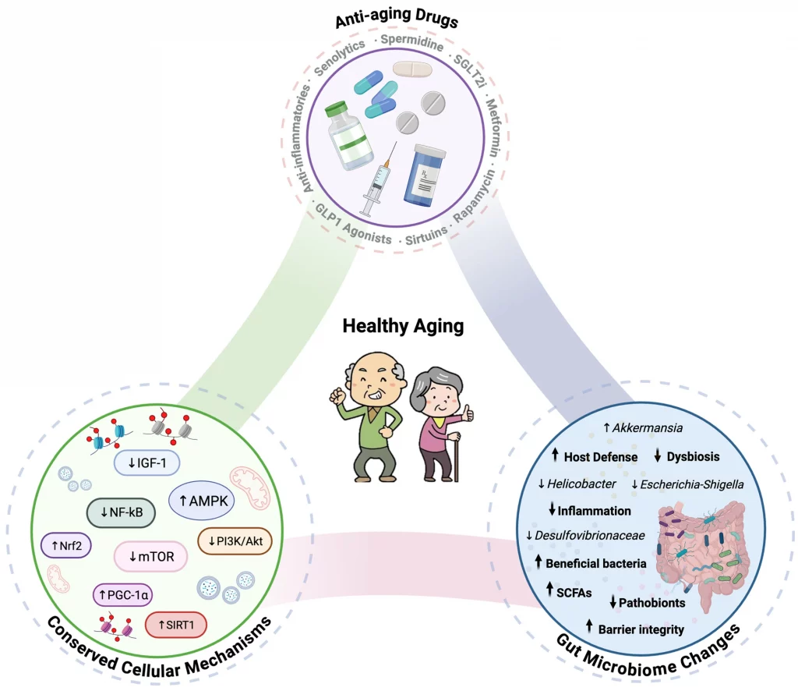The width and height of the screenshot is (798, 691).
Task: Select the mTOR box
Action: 151,556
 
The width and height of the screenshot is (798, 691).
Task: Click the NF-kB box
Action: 121,512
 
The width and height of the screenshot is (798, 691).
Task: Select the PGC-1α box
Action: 124,596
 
